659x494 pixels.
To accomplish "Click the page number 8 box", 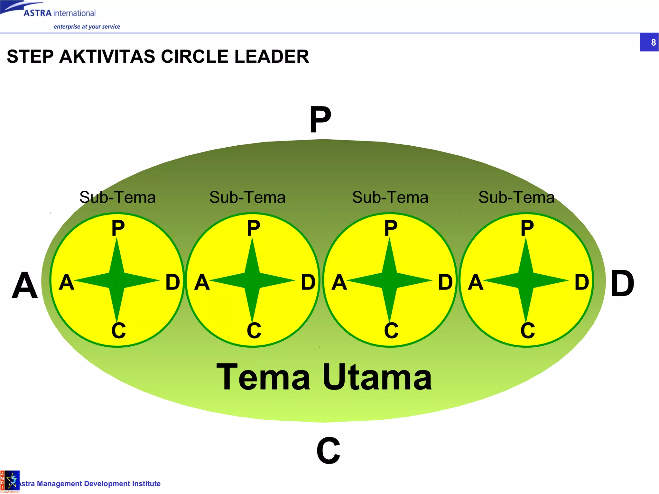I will point(649,42).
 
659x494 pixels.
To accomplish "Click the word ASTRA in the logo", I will point(38,13).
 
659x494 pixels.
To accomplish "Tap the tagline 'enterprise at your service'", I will point(87,27).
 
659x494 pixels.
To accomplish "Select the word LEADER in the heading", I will point(272,57).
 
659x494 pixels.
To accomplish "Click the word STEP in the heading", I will point(30,57).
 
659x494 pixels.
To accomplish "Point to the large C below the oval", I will point(328,451).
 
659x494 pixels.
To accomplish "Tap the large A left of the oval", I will point(25,285).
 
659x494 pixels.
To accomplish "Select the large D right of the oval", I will point(622,284).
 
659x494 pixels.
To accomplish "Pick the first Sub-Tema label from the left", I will point(117,197).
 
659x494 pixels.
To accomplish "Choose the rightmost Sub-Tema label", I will point(516,197).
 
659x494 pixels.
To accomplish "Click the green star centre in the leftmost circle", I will point(117,280).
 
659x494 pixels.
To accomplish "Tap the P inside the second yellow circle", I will point(253,228).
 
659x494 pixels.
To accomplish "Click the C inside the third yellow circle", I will point(391,330).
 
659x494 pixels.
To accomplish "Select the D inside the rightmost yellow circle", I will point(582,282).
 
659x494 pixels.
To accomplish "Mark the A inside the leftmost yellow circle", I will point(67,282).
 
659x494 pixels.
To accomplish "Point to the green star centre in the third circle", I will point(390,280).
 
